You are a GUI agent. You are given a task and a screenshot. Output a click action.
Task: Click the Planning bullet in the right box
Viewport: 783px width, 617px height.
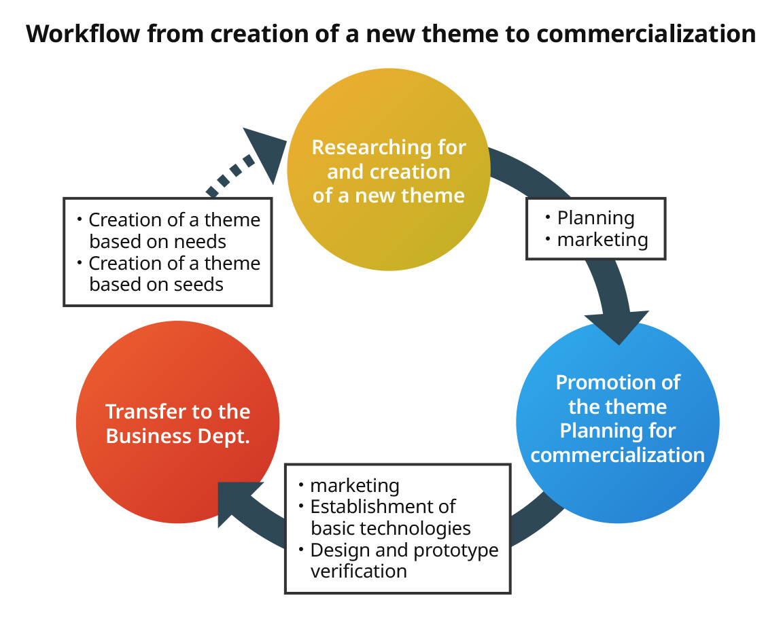click(595, 217)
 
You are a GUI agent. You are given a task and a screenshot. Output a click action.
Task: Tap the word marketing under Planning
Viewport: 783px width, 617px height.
click(602, 239)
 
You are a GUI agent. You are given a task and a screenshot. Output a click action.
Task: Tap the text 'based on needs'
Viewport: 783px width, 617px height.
click(158, 241)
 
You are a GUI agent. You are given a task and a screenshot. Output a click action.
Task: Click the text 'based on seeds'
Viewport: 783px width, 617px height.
click(156, 284)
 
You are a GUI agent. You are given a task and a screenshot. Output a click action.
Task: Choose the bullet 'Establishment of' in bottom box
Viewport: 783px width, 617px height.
click(382, 506)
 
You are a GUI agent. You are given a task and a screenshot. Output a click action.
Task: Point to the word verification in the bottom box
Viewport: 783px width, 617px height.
click(358, 571)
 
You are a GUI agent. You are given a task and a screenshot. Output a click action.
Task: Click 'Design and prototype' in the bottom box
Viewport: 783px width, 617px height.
click(404, 550)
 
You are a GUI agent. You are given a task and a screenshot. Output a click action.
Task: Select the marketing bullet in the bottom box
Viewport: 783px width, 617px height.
click(354, 485)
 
